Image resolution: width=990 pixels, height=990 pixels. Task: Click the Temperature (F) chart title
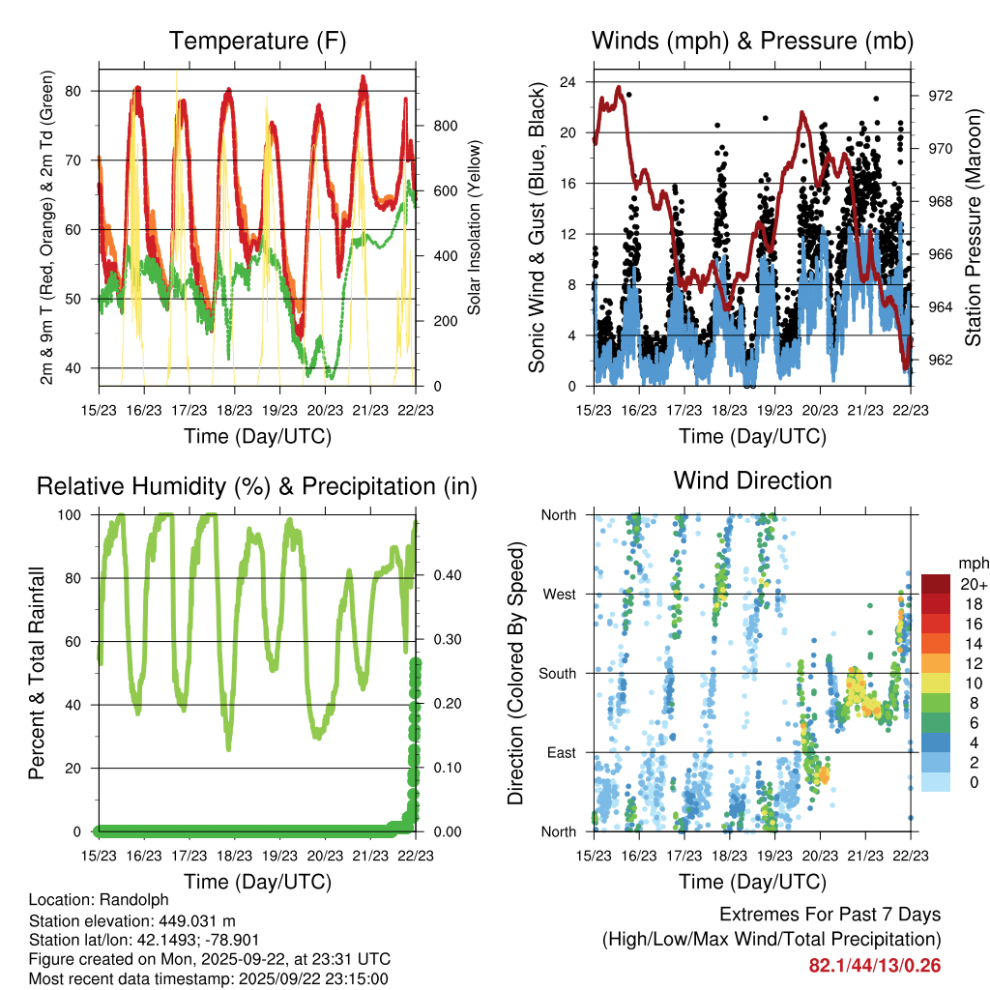tap(256, 42)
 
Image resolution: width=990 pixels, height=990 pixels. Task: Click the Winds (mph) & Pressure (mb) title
tap(752, 42)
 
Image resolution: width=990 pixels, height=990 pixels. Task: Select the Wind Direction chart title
tap(752, 480)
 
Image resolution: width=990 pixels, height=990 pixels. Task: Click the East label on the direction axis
tap(561, 752)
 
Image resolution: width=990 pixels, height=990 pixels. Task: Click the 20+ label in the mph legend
tap(972, 584)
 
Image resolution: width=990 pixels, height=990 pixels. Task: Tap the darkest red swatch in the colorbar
tap(937, 583)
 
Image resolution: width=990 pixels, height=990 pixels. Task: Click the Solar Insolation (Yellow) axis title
tap(475, 228)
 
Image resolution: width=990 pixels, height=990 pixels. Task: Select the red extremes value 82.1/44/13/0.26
tap(875, 966)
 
